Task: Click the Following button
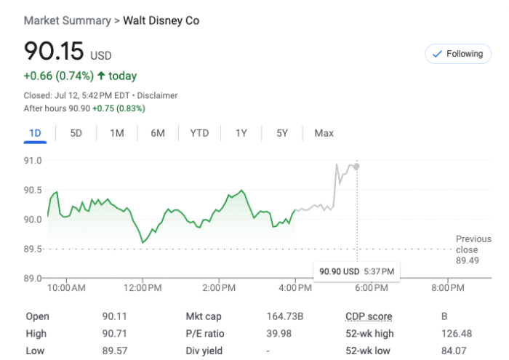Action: (x=457, y=54)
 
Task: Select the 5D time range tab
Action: (x=76, y=133)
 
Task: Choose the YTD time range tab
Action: (x=199, y=133)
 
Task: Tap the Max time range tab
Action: (x=324, y=133)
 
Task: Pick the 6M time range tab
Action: (x=158, y=133)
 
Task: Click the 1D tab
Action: (x=35, y=133)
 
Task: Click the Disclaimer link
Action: (x=158, y=95)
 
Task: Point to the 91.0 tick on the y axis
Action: (x=33, y=160)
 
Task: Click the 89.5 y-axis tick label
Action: (x=33, y=249)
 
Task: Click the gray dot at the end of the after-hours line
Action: (x=356, y=167)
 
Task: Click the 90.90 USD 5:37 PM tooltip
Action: (x=356, y=271)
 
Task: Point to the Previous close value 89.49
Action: (x=468, y=260)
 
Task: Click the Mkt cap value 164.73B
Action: (x=285, y=316)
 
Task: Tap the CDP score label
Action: (x=369, y=316)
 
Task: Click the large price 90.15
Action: (x=54, y=52)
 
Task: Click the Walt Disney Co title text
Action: (x=161, y=20)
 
